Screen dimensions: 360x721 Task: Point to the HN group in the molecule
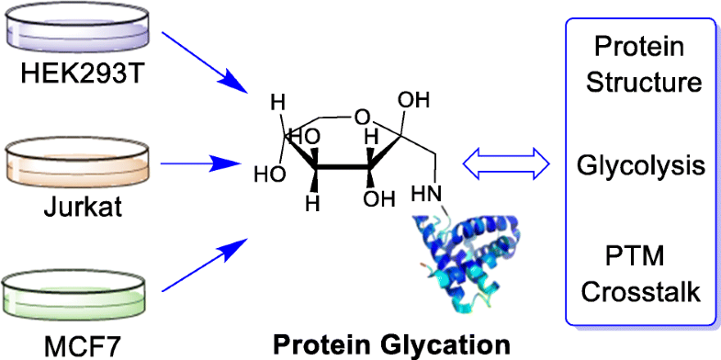pos(426,196)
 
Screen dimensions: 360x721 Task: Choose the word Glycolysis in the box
pos(641,166)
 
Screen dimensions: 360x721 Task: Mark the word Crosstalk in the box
pos(641,290)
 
